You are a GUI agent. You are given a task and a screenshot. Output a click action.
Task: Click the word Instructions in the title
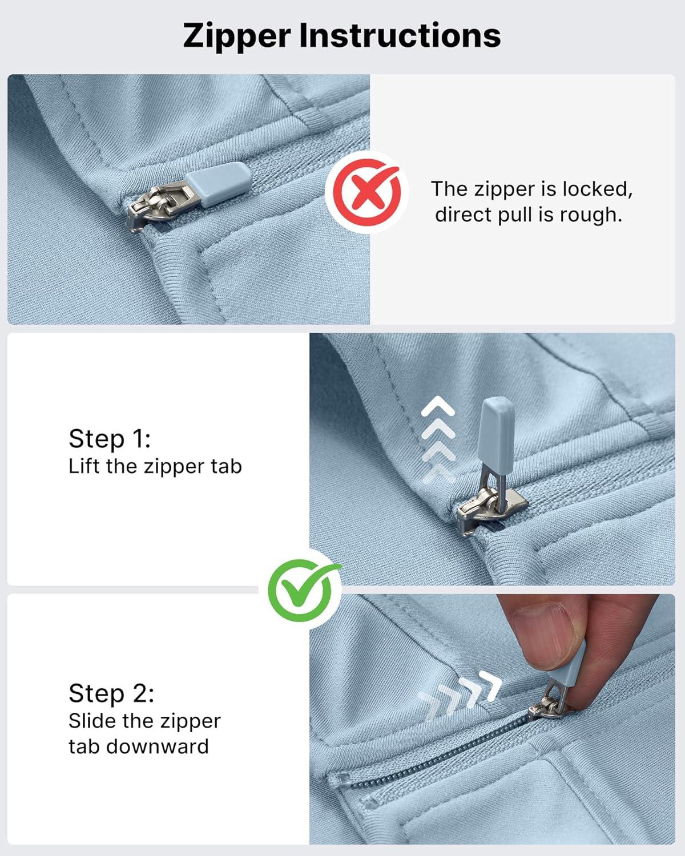400,35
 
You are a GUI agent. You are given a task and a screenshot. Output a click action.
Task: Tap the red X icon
366,192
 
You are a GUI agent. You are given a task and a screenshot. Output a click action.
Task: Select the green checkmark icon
301,590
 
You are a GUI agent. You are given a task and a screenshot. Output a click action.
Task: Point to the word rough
591,215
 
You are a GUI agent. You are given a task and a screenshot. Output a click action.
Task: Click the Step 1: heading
110,439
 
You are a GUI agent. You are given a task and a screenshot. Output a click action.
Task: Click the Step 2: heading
111,693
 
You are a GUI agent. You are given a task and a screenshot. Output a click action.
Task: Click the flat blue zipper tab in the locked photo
218,183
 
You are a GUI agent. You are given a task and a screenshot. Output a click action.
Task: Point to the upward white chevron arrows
438,439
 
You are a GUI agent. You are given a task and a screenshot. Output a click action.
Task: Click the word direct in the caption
462,215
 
